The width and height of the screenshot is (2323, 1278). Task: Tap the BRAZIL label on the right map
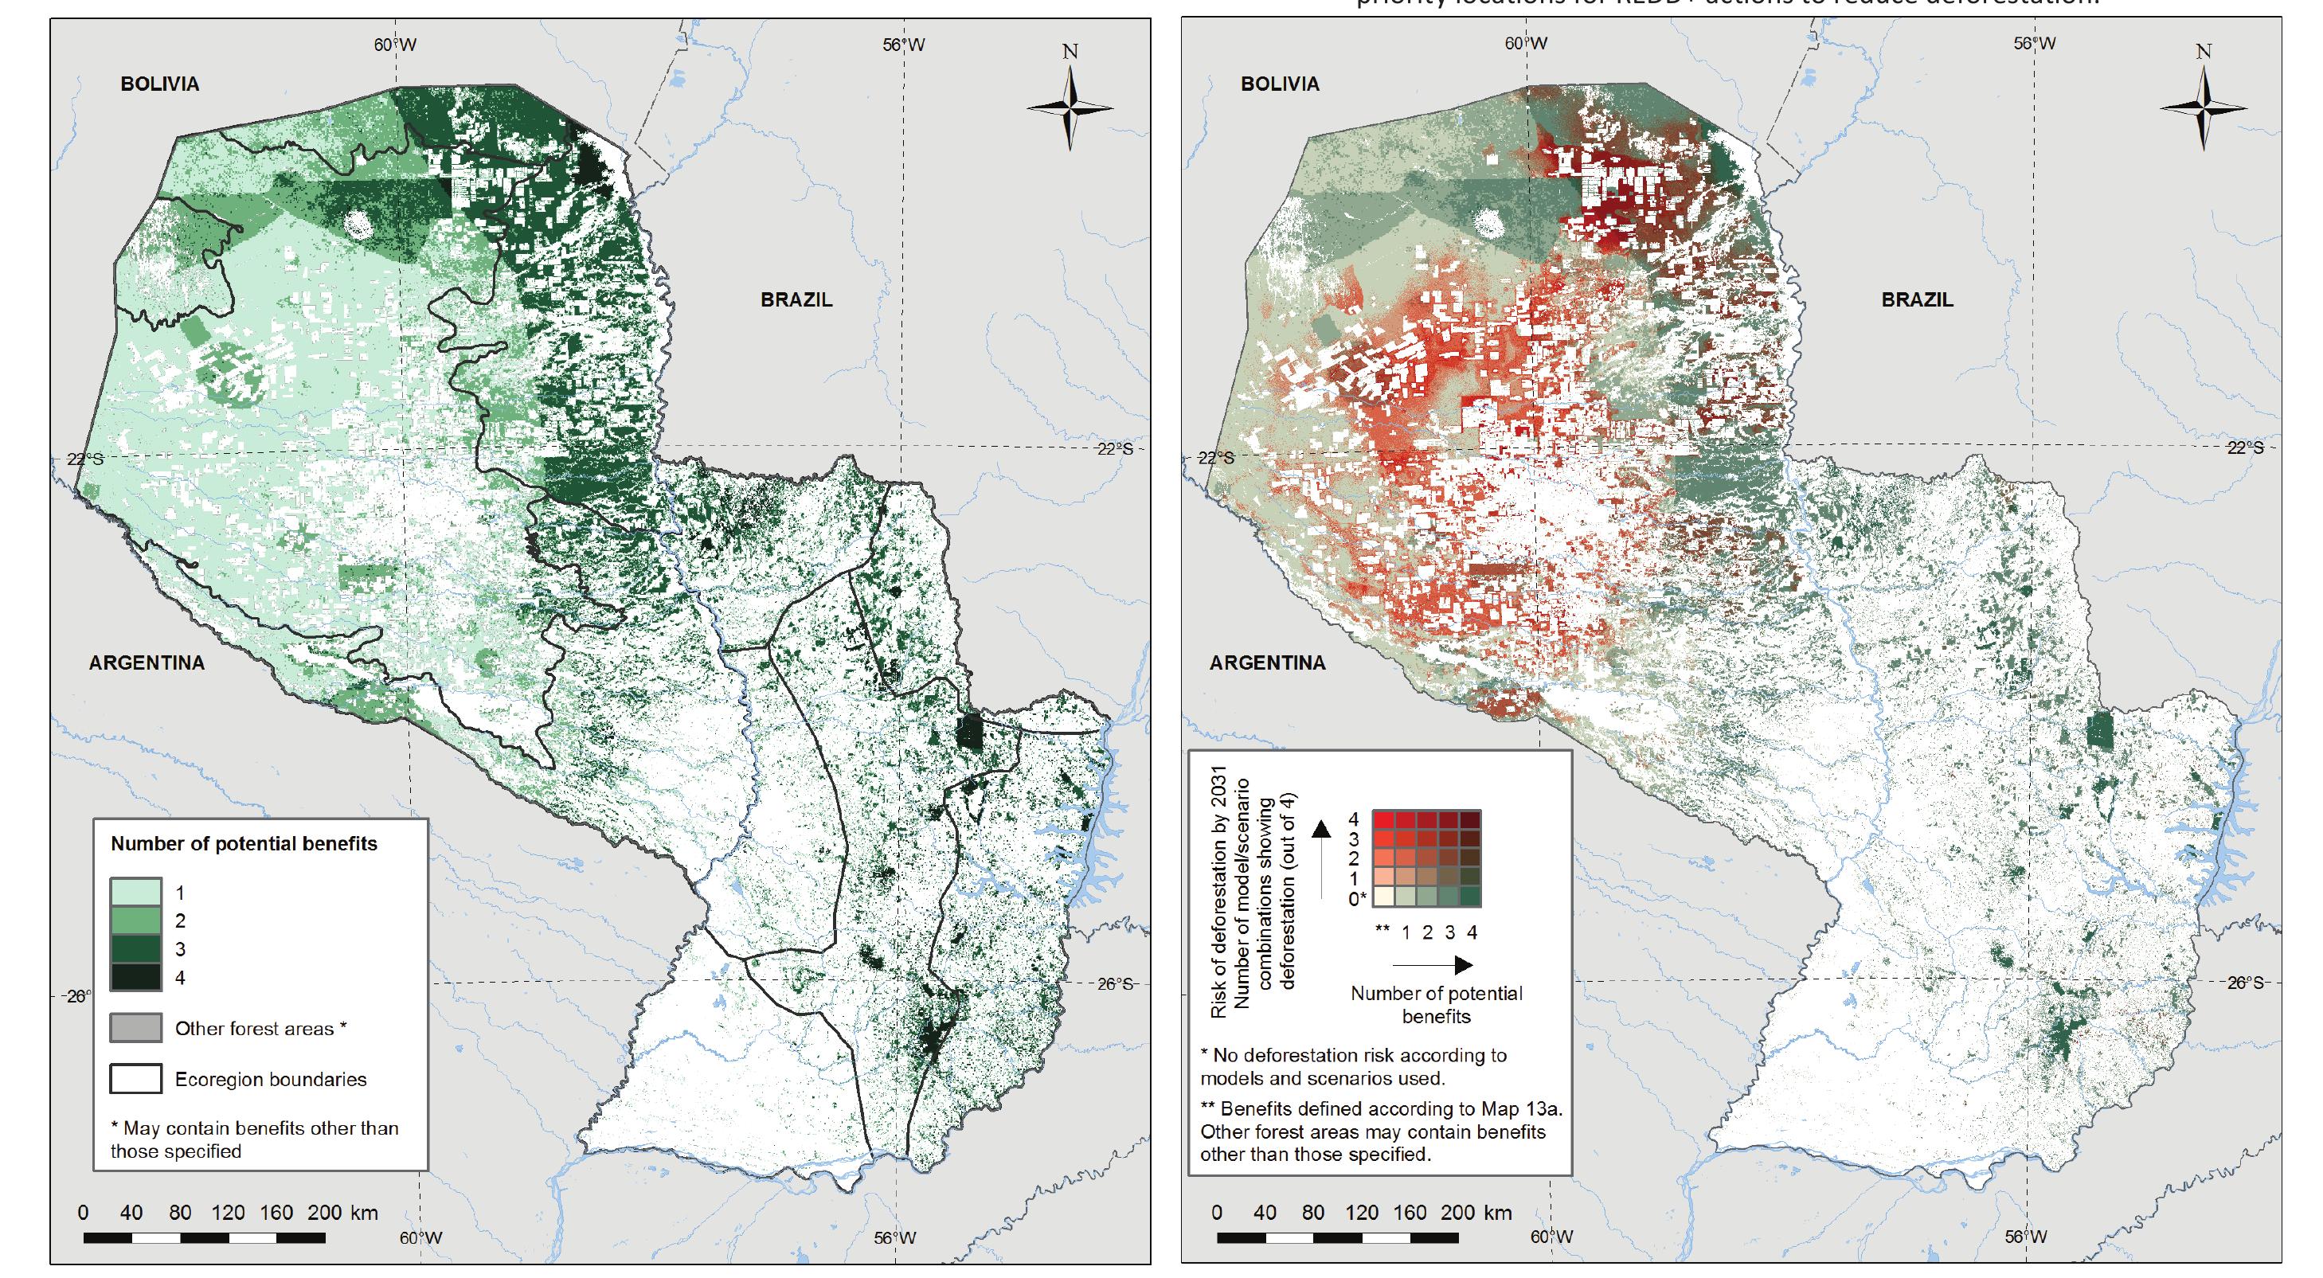coord(1916,299)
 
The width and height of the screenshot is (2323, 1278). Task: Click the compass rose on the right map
coord(2203,108)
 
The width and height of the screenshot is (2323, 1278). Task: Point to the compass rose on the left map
coord(1070,108)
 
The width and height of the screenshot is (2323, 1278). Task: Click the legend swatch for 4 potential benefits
coord(136,977)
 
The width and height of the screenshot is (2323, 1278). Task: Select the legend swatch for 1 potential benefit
coord(136,892)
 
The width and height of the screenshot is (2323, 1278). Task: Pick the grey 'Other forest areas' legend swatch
coord(136,1028)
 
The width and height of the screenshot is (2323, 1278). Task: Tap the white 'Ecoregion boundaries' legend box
coord(136,1079)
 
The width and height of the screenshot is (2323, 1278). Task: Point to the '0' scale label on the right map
coord(1217,1212)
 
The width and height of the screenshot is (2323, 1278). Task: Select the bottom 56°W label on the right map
coord(2025,1237)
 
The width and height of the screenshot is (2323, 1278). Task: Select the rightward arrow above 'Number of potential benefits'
coord(1433,965)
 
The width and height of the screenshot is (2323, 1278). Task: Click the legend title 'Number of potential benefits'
coord(244,844)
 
